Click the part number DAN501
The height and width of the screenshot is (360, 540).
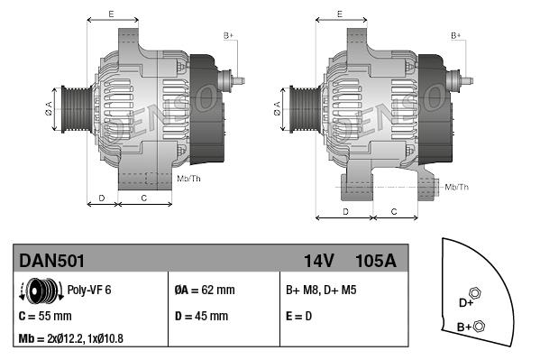pos(52,261)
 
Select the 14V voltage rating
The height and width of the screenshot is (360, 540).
pos(318,261)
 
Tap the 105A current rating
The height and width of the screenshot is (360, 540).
pos(376,261)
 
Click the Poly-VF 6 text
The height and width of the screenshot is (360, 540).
pos(88,291)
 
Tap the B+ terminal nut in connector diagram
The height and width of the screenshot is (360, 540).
pos(480,326)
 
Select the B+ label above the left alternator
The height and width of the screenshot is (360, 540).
pos(228,34)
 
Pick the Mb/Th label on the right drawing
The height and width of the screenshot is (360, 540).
pos(456,187)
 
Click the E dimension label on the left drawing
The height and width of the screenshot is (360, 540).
pos(110,14)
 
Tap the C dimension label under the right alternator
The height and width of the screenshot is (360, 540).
pos(394,210)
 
